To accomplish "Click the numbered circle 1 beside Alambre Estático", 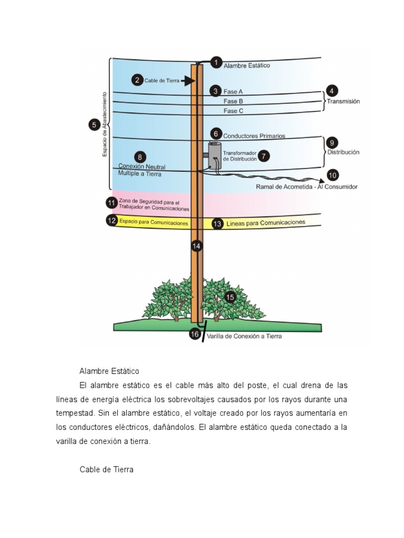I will click(x=216, y=63).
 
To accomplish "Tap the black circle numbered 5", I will click(x=94, y=125).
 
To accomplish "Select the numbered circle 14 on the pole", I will click(x=196, y=245).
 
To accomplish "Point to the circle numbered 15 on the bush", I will click(x=230, y=297).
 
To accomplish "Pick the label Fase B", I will click(x=233, y=101).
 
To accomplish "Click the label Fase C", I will click(x=233, y=111).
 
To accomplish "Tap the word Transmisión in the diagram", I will click(x=344, y=102).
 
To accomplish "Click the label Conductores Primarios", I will click(x=254, y=136).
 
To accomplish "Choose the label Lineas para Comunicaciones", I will click(x=266, y=223).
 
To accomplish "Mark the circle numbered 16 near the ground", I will click(x=194, y=334).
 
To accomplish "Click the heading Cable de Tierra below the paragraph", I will click(x=107, y=469).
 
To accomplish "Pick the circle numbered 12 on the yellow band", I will click(x=111, y=221).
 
